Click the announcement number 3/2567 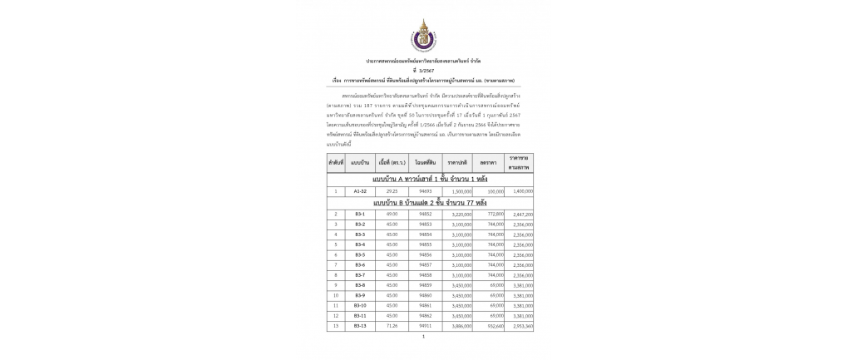tap(424, 71)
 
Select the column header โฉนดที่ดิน tap(426, 162)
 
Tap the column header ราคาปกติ tap(457, 162)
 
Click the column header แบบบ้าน tap(360, 162)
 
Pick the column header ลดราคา tap(489, 162)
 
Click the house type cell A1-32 tap(360, 191)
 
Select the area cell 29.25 tap(392, 191)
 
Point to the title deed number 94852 tap(426, 215)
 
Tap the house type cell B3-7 tap(360, 275)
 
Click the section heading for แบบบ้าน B tap(430, 203)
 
